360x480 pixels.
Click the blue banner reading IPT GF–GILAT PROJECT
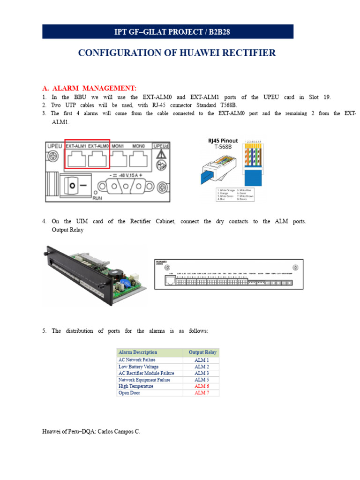[168, 32]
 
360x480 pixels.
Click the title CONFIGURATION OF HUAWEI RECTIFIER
[177, 53]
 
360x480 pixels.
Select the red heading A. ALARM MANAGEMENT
[89, 88]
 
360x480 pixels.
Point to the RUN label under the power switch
[97, 198]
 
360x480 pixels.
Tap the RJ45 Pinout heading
[223, 141]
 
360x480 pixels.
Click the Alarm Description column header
[138, 352]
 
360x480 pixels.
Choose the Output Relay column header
[202, 352]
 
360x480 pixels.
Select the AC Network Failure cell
[137, 360]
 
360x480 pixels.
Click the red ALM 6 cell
[202, 386]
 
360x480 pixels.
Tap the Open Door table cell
[129, 393]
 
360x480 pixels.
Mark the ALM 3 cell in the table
[202, 373]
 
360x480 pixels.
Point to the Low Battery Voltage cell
[138, 367]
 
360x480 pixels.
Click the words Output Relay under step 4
[67, 230]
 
